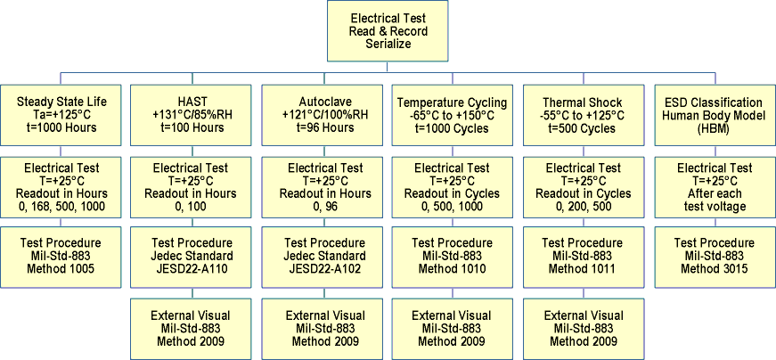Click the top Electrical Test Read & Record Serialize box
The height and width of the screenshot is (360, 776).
tap(388, 31)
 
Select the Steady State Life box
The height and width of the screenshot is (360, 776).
tap(62, 115)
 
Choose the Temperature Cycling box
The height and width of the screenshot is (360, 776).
tap(452, 115)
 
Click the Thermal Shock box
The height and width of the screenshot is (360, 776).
tap(583, 115)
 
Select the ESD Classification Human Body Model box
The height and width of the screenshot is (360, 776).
tap(714, 115)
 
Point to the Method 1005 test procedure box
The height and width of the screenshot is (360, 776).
tap(62, 256)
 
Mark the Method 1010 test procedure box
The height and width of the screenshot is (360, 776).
tap(452, 256)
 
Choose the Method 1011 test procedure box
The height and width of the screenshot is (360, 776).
tap(583, 256)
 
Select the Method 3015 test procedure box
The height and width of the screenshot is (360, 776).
tap(714, 256)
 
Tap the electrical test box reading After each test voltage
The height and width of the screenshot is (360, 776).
tap(714, 187)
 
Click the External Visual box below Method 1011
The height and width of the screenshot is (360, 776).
tap(583, 328)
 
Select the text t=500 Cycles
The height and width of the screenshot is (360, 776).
tap(583, 128)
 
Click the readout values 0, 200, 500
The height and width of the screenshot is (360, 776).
tap(583, 207)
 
